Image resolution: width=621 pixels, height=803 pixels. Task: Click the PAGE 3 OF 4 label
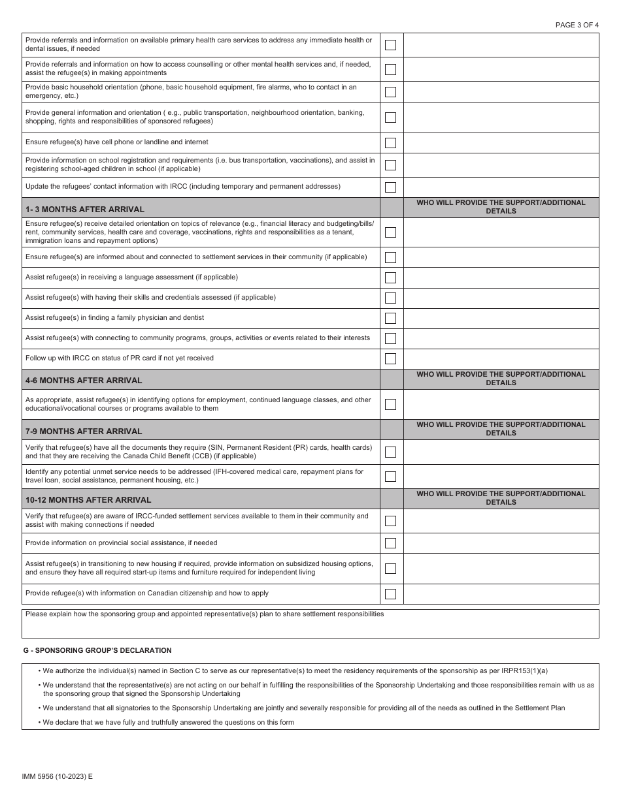click(x=577, y=25)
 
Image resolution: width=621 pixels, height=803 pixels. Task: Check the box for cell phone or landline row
click(x=390, y=142)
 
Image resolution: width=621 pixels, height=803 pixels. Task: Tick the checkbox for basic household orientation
click(x=390, y=91)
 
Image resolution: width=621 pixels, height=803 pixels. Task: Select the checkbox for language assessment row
click(x=390, y=277)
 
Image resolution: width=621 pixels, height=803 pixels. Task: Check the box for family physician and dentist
click(x=390, y=318)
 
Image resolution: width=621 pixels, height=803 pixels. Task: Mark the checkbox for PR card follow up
click(x=390, y=358)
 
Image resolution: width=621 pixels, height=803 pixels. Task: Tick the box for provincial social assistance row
click(x=390, y=543)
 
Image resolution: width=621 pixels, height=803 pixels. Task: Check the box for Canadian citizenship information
click(x=390, y=594)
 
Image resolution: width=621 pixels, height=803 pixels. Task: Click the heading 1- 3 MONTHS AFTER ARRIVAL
click(x=85, y=210)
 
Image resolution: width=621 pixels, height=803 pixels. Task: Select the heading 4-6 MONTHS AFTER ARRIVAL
click(x=84, y=380)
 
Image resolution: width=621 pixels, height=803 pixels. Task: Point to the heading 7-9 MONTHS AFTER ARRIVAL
click(x=84, y=431)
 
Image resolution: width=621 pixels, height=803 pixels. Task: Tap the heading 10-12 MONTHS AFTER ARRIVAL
click(x=88, y=499)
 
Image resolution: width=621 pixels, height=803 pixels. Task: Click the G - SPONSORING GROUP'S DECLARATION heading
click(x=97, y=650)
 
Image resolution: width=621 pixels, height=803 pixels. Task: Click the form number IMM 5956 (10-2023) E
click(x=58, y=776)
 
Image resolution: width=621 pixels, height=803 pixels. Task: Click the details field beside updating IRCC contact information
click(x=501, y=187)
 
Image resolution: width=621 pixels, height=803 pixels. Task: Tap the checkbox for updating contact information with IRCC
click(x=390, y=187)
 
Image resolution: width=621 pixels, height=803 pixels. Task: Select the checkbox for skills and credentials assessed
click(x=390, y=298)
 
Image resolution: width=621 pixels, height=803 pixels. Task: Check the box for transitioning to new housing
click(x=390, y=568)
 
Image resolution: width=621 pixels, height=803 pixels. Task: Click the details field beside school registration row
click(x=501, y=165)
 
